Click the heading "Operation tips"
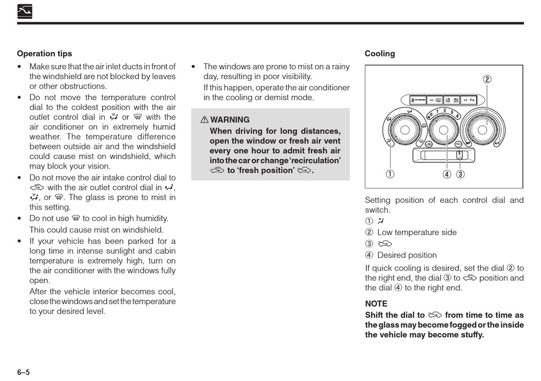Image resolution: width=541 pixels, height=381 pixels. point(44,54)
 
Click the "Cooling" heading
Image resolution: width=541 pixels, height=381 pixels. point(379,54)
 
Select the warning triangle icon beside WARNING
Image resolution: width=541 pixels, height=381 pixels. point(204,120)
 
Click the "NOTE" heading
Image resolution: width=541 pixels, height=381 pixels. point(376,304)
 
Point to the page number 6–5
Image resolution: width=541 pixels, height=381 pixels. point(23,372)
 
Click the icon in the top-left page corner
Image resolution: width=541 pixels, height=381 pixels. point(24,11)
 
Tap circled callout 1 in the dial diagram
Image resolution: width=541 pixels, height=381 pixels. point(390,174)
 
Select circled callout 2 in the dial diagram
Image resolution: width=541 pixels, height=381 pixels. point(487,80)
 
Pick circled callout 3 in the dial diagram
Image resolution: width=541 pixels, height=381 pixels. point(460,174)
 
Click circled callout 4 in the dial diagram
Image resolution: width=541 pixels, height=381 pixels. point(447,174)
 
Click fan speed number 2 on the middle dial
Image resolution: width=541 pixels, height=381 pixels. point(444,109)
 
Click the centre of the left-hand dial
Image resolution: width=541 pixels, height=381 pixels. point(405,130)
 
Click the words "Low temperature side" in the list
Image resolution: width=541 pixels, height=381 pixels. point(417,232)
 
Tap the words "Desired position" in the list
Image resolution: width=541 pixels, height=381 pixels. point(407,255)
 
